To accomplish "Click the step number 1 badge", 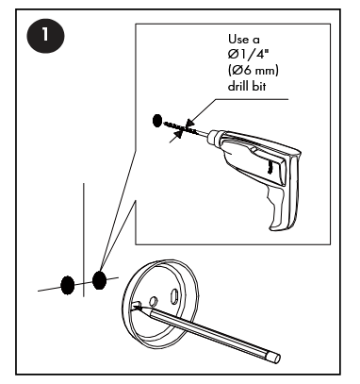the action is pyautogui.click(x=45, y=35).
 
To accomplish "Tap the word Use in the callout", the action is pyautogui.click(x=237, y=40).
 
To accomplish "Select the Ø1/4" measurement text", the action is pyautogui.click(x=249, y=55).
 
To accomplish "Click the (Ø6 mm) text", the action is pyautogui.click(x=254, y=71).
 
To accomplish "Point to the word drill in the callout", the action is pyautogui.click(x=238, y=86).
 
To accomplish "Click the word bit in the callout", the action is pyautogui.click(x=259, y=86).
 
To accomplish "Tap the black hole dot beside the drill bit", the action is pyautogui.click(x=157, y=121).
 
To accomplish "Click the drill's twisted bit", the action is pyautogui.click(x=180, y=127).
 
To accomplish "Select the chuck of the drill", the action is pyautogui.click(x=213, y=137).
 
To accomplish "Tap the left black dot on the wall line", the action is pyautogui.click(x=67, y=285).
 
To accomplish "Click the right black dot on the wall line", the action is pyautogui.click(x=100, y=279).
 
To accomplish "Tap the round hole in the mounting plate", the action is pyautogui.click(x=154, y=301).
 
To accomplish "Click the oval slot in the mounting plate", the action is pyautogui.click(x=175, y=297).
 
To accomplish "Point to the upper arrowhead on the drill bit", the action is pyautogui.click(x=189, y=122).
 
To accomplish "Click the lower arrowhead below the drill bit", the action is pyautogui.click(x=178, y=134).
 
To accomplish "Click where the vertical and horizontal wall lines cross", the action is pyautogui.click(x=84, y=283).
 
